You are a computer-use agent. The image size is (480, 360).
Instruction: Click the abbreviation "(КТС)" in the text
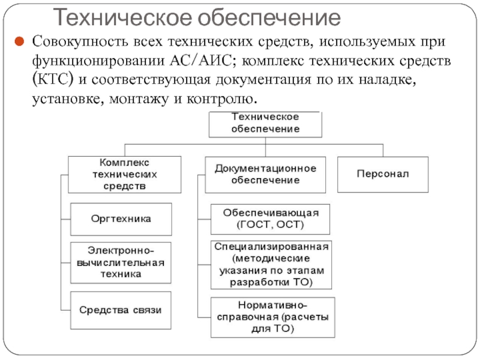(x=53, y=80)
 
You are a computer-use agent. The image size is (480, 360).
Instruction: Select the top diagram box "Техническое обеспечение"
(x=265, y=123)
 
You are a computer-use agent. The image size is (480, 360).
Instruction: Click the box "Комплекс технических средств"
(x=124, y=174)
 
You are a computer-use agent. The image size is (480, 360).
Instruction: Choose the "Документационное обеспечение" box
(x=265, y=174)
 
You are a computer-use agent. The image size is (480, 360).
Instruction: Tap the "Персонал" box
(x=383, y=174)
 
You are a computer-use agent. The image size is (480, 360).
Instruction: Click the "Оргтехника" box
(x=121, y=219)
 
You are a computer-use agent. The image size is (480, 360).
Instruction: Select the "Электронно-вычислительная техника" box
(x=121, y=263)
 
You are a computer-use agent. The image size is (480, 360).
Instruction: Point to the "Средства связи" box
(x=121, y=309)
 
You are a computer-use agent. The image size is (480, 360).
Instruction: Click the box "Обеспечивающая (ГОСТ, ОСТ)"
(x=271, y=219)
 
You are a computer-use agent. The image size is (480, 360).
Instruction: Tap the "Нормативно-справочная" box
(x=271, y=317)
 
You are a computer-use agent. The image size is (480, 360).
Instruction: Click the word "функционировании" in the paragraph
(x=92, y=61)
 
